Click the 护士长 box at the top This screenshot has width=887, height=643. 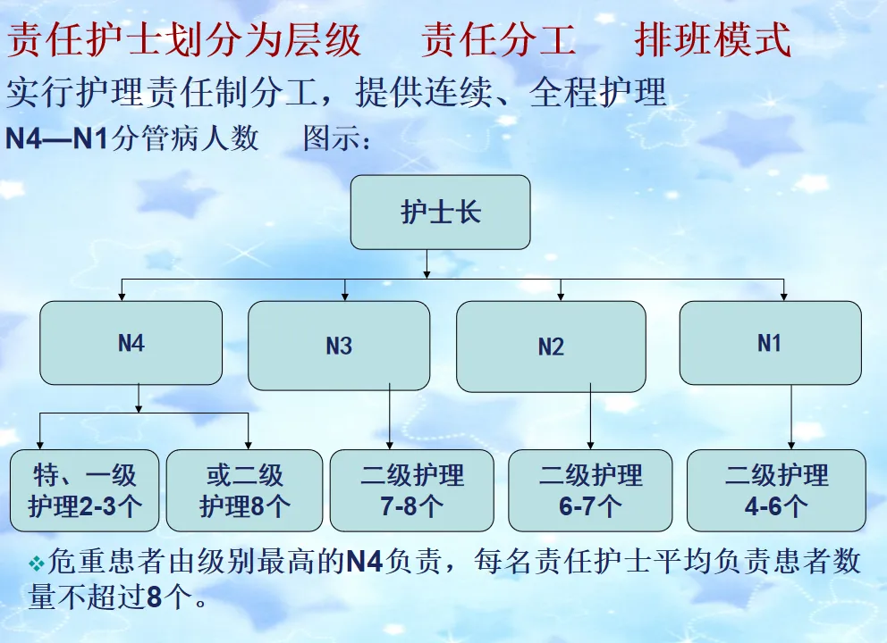coord(440,213)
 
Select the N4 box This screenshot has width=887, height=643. coord(131,343)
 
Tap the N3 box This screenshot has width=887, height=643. coord(338,346)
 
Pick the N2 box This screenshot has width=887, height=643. coord(551,347)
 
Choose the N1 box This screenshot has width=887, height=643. coord(770,343)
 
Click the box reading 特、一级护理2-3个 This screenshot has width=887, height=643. coord(85,490)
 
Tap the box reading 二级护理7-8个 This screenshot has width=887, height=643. coord(411,490)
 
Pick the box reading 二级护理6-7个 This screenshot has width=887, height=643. coord(590,490)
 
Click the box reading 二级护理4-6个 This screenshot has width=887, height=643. coord(776,490)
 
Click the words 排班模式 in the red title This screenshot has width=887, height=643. coord(713,40)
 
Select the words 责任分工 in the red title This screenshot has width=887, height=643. coord(499,40)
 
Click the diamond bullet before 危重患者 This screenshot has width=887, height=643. coord(37,563)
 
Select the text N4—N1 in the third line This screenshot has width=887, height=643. coord(56,139)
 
